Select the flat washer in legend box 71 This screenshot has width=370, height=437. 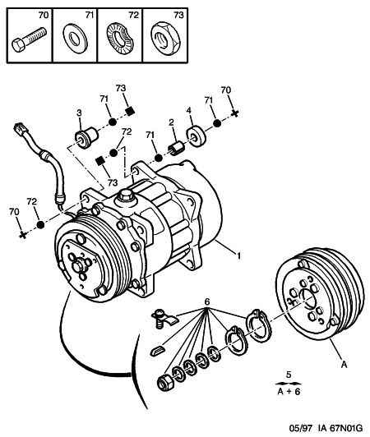pyautogui.click(x=75, y=39)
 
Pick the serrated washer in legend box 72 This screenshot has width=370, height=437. pyautogui.click(x=120, y=39)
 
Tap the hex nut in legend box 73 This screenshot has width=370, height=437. pyautogui.click(x=165, y=38)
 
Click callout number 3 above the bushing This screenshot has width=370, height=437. pyautogui.click(x=79, y=113)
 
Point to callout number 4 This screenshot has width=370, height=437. pyautogui.click(x=189, y=111)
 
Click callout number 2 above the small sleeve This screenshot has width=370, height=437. pyautogui.click(x=171, y=122)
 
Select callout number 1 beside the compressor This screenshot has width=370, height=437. pyautogui.click(x=238, y=255)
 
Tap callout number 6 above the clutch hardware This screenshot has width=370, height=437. pyautogui.click(x=207, y=301)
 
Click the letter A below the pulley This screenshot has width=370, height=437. pyautogui.click(x=344, y=364)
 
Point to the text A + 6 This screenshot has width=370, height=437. pyautogui.click(x=289, y=392)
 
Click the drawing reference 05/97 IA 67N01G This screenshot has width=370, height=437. pyautogui.click(x=326, y=428)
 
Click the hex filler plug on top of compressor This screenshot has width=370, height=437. pyautogui.click(x=125, y=195)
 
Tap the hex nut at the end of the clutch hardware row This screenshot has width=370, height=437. pyautogui.click(x=165, y=383)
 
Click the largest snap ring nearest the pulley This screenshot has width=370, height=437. pyautogui.click(x=257, y=325)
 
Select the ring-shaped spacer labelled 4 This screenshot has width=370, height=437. pyautogui.click(x=196, y=137)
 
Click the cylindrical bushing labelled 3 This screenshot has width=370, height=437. pyautogui.click(x=86, y=137)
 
